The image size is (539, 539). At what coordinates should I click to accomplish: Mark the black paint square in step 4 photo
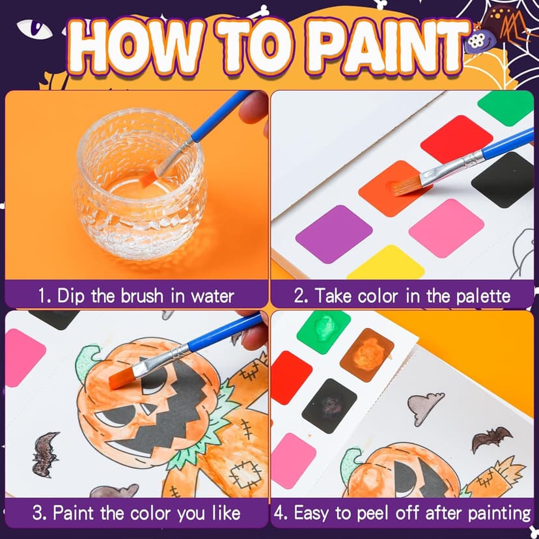(x=329, y=406)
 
